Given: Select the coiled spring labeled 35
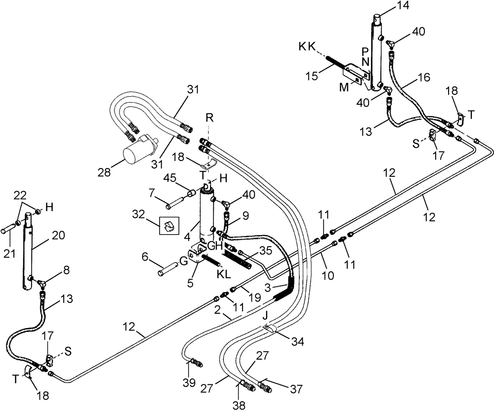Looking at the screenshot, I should pos(237,259).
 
